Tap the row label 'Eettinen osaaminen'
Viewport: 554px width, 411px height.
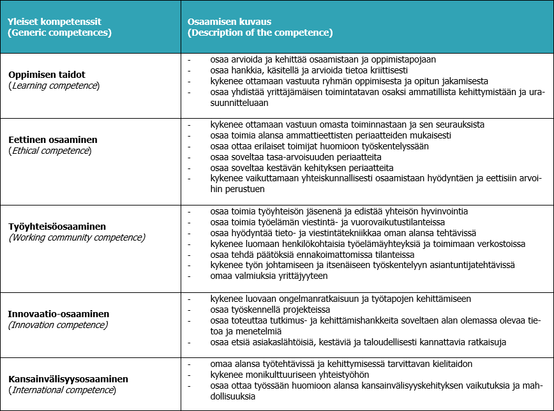tap(52, 139)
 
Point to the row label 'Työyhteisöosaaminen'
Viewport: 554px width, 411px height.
tap(57, 226)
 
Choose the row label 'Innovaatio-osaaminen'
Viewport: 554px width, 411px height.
tap(58, 313)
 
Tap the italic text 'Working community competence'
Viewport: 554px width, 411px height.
tap(77, 237)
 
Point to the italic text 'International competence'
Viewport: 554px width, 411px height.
tap(62, 389)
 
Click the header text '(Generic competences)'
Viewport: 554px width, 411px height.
tap(59, 32)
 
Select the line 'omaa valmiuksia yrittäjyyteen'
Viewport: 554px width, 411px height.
tap(269, 276)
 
